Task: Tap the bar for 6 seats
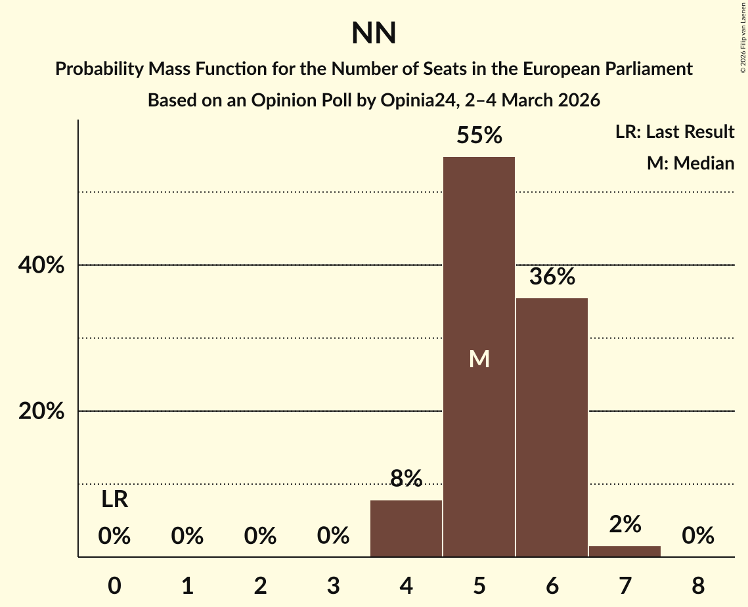click(x=552, y=427)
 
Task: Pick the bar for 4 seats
click(x=406, y=528)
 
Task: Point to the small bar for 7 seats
click(x=625, y=551)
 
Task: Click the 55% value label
click(x=479, y=136)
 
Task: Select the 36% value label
click(x=552, y=277)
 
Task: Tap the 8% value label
click(x=406, y=479)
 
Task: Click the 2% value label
click(x=625, y=524)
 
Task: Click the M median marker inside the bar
click(x=479, y=359)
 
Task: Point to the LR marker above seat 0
click(x=114, y=501)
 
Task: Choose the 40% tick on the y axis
click(x=41, y=265)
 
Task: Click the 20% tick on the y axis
click(x=41, y=411)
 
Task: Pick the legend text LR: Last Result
click(x=674, y=132)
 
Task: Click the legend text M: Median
click(x=690, y=163)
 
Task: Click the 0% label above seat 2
click(x=260, y=537)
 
